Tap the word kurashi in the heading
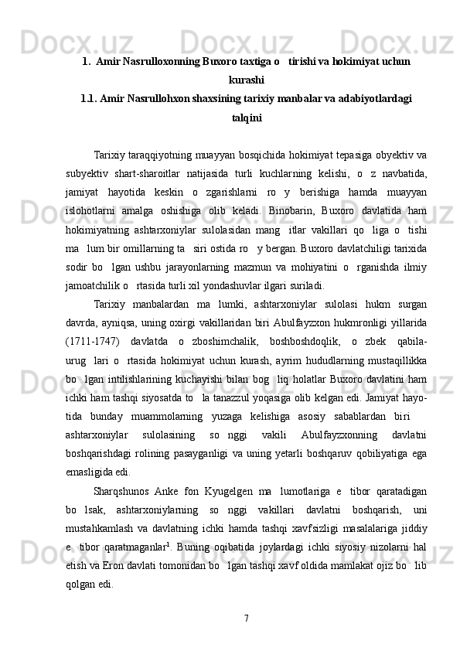point(247,79)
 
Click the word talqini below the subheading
point(247,118)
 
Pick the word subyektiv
point(85,169)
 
